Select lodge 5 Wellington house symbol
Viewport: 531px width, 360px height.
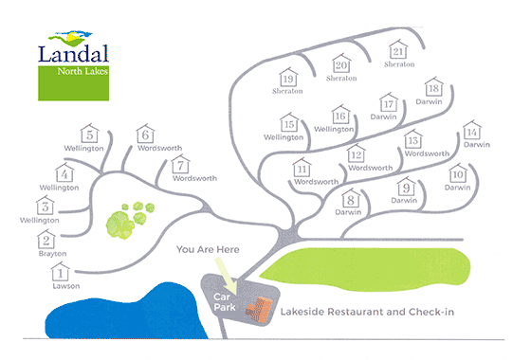click(90, 135)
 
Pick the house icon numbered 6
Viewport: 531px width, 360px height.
click(146, 135)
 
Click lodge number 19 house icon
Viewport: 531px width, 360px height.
click(289, 79)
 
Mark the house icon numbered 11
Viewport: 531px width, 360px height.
click(302, 168)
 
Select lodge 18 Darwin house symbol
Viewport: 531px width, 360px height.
click(434, 88)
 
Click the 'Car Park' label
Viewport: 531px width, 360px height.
click(225, 301)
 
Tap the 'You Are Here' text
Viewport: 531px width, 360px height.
click(210, 251)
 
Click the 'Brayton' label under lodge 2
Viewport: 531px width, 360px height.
click(50, 255)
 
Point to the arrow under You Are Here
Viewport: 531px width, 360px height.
click(226, 276)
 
